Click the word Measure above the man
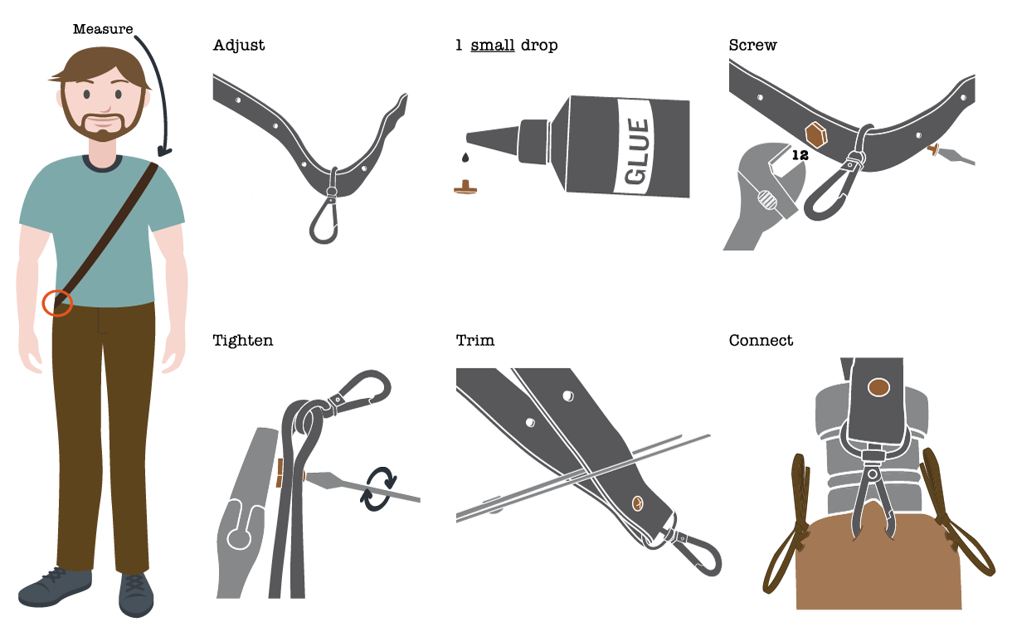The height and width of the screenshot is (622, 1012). (x=103, y=29)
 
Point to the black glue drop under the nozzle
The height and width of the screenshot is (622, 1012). (x=465, y=157)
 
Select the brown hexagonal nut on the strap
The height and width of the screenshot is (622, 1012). (x=816, y=134)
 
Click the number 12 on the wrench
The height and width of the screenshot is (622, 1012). (x=800, y=155)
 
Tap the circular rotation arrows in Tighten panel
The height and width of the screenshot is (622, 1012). (x=378, y=488)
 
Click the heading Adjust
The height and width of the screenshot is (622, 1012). (x=239, y=46)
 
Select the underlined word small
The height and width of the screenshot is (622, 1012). (x=493, y=45)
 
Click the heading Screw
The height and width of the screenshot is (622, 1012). (x=752, y=45)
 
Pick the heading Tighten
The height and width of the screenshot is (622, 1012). (x=242, y=341)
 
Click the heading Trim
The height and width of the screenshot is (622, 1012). (x=475, y=340)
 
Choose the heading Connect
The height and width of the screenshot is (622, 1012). (x=761, y=340)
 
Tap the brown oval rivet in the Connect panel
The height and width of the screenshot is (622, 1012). (x=878, y=387)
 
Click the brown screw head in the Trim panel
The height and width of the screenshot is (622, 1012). (x=637, y=503)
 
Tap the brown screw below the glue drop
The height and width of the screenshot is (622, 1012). (x=465, y=187)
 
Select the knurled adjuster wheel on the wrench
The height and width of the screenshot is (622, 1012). (x=766, y=200)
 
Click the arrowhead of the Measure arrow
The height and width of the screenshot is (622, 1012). (x=164, y=151)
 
